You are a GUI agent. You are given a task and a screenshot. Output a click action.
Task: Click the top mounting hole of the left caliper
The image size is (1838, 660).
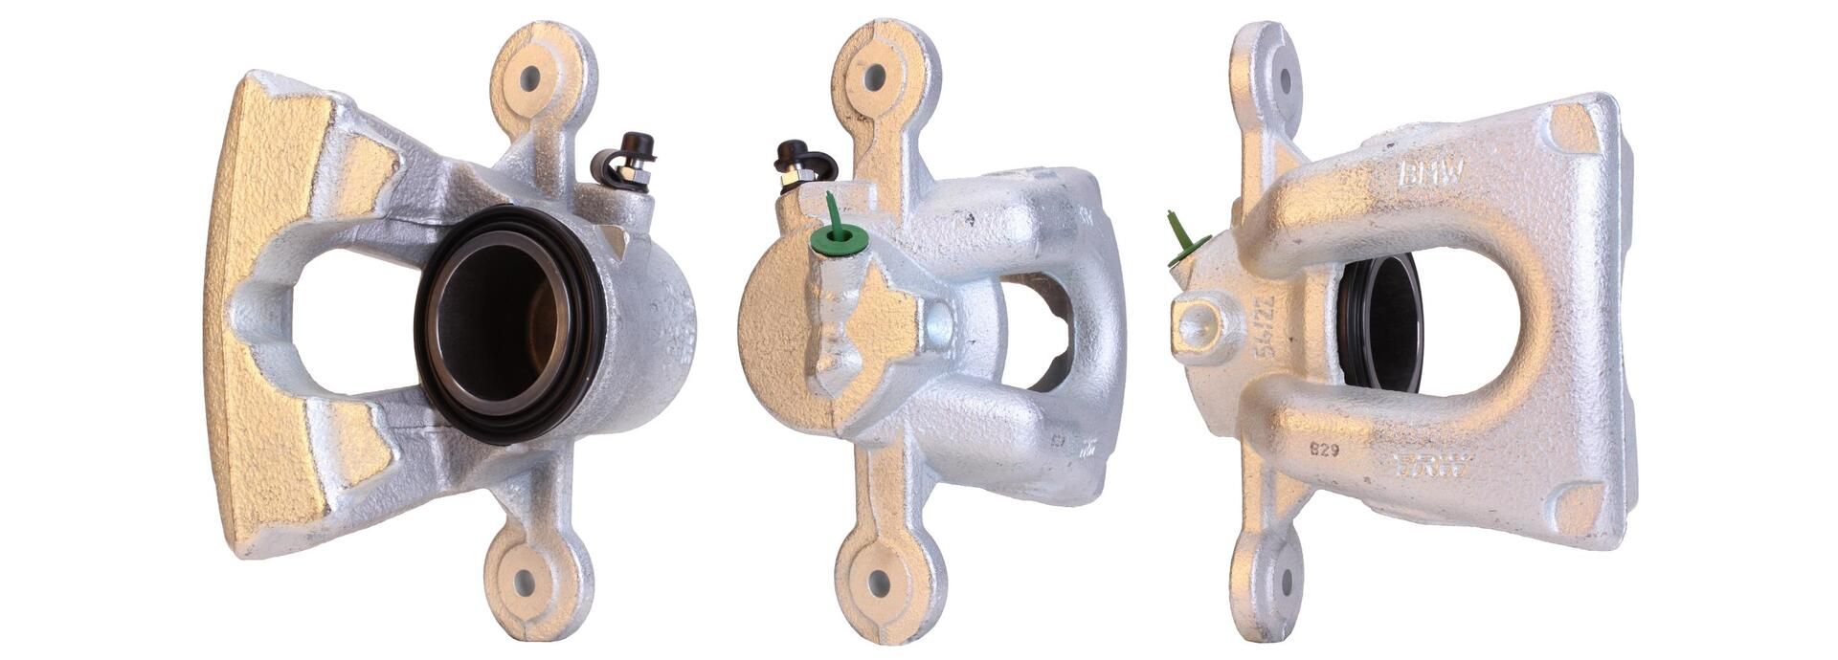pos(529,78)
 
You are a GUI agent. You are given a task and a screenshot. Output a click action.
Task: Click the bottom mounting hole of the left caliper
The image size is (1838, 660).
pos(524,581)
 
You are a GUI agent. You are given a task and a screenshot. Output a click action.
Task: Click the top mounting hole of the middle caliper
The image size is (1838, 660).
pos(873,77)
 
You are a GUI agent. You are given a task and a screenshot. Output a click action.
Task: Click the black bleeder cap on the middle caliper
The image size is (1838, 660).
pos(794,152)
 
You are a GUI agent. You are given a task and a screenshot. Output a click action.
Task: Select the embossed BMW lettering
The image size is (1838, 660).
pos(1432,173)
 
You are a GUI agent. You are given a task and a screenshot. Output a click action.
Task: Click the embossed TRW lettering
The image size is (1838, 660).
pos(1433,467)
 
